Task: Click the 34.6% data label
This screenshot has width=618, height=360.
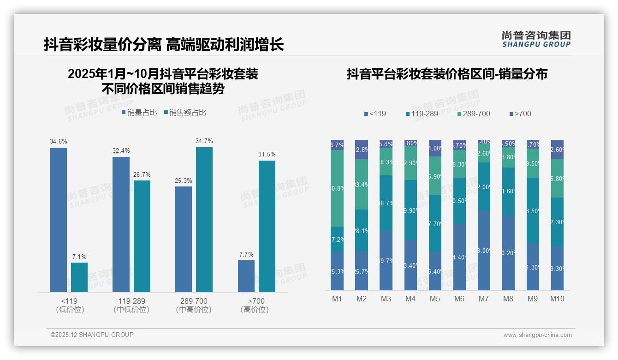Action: point(59,141)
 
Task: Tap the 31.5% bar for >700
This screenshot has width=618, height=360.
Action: point(267,226)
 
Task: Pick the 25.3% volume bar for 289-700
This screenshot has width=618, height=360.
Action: point(184,239)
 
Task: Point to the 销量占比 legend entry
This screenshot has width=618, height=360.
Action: point(139,112)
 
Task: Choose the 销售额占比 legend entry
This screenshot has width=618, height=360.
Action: point(185,112)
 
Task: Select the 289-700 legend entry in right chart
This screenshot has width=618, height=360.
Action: point(474,114)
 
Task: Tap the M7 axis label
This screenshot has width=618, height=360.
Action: point(483,299)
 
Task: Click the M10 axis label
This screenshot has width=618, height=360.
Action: point(557,299)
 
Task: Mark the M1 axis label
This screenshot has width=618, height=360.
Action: point(337,299)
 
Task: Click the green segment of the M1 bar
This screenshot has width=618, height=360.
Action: point(337,188)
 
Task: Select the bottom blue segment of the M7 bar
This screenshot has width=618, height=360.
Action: point(484,250)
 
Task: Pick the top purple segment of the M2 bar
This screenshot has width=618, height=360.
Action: point(362,150)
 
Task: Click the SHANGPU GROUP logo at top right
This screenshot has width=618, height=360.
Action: point(536,39)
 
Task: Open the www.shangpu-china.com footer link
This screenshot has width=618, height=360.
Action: point(537,335)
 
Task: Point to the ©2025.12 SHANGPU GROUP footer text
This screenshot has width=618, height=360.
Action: point(92,335)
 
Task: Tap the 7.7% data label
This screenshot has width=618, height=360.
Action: point(246,254)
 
